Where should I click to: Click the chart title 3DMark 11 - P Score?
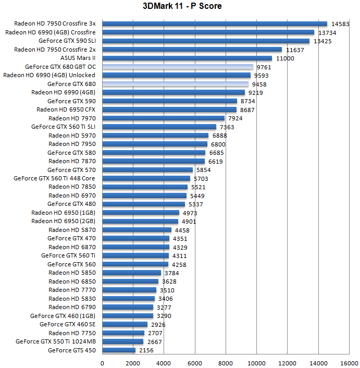[x=180, y=6]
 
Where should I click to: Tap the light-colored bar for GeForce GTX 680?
[x=176, y=84]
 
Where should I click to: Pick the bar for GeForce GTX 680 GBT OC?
[x=178, y=67]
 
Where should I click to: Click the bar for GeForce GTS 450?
[x=119, y=350]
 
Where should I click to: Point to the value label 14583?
[x=340, y=24]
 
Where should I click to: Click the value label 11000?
[x=285, y=58]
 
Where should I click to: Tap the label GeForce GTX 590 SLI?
[x=67, y=41]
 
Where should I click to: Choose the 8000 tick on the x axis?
[x=226, y=363]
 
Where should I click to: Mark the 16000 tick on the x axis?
[x=349, y=363]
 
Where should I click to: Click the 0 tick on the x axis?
[x=102, y=363]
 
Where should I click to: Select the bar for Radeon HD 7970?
[x=164, y=118]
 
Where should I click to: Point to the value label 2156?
[x=146, y=351]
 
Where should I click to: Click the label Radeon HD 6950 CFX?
[x=66, y=109]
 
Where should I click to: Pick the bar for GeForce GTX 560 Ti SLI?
[x=159, y=127]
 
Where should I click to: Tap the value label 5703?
[x=201, y=179]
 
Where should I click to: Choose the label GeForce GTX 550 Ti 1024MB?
[x=56, y=342]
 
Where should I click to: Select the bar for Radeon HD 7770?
[x=129, y=290]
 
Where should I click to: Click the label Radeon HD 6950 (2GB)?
[x=64, y=221]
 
